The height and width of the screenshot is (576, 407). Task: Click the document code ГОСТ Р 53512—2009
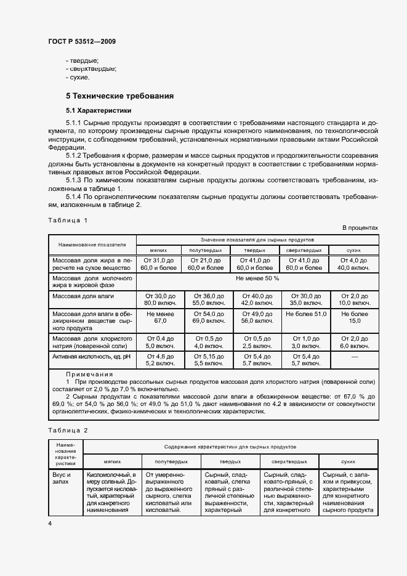point(81,42)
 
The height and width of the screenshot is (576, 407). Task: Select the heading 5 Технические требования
point(119,96)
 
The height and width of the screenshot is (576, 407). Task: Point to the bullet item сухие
point(79,78)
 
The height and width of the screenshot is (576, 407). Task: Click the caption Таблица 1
point(68,220)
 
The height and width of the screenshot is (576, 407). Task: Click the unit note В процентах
point(360,228)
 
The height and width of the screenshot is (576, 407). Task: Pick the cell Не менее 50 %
point(257,278)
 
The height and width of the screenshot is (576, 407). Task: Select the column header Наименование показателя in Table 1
point(92,244)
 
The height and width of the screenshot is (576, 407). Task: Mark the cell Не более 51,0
point(304,314)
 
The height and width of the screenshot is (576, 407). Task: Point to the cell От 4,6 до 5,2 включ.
point(160,360)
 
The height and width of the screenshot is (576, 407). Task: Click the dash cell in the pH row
point(353,357)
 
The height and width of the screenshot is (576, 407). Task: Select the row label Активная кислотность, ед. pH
point(92,357)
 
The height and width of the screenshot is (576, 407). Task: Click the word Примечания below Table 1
point(89,374)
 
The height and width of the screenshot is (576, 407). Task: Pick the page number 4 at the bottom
point(49,523)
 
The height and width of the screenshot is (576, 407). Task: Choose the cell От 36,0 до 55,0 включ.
point(208,299)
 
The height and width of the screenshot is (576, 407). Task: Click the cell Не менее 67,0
point(160,317)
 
